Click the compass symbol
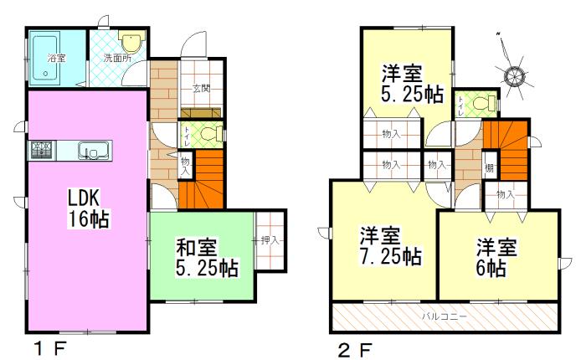[513, 75]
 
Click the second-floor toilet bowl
[480, 103]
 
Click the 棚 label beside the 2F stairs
[489, 167]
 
